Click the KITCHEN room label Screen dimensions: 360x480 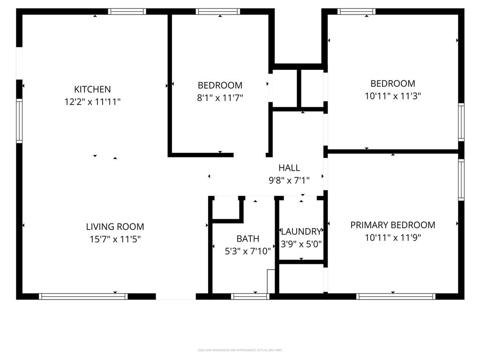click(92, 89)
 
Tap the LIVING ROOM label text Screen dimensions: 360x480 click(115, 226)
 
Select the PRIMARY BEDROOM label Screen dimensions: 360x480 click(392, 225)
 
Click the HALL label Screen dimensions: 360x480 click(289, 168)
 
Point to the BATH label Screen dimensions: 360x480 click(247, 239)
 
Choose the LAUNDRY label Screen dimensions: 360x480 click(301, 232)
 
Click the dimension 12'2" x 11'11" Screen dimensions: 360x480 click(92, 102)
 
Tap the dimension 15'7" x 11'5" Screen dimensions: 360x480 click(115, 239)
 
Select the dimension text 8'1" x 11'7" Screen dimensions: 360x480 click(220, 97)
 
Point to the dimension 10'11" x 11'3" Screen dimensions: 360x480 click(392, 96)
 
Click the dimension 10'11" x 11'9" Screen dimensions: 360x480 click(392, 238)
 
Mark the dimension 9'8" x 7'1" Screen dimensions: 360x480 click(289, 180)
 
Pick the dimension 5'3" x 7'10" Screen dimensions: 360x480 click(247, 251)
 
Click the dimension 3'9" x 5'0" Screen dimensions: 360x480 click(301, 244)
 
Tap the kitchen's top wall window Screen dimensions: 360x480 click(127, 11)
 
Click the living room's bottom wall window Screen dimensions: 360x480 click(83, 296)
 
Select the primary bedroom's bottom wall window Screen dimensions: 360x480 click(396, 296)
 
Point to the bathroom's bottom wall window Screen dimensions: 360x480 click(250, 296)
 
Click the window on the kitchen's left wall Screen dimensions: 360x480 click(19, 120)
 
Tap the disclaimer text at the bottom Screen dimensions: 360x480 click(240, 350)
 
